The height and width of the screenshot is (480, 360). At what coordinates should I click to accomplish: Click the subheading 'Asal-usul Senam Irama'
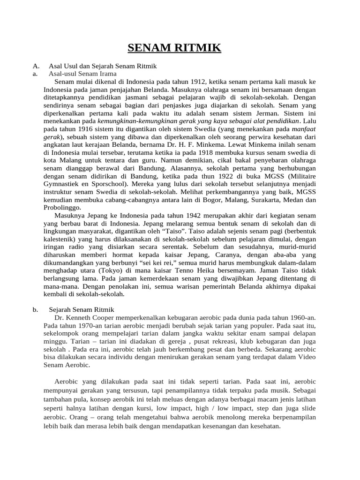click(x=83, y=74)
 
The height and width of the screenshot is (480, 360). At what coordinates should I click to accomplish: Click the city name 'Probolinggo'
click(x=63, y=208)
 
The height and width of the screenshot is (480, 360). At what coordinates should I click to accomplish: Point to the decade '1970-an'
click(x=87, y=325)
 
